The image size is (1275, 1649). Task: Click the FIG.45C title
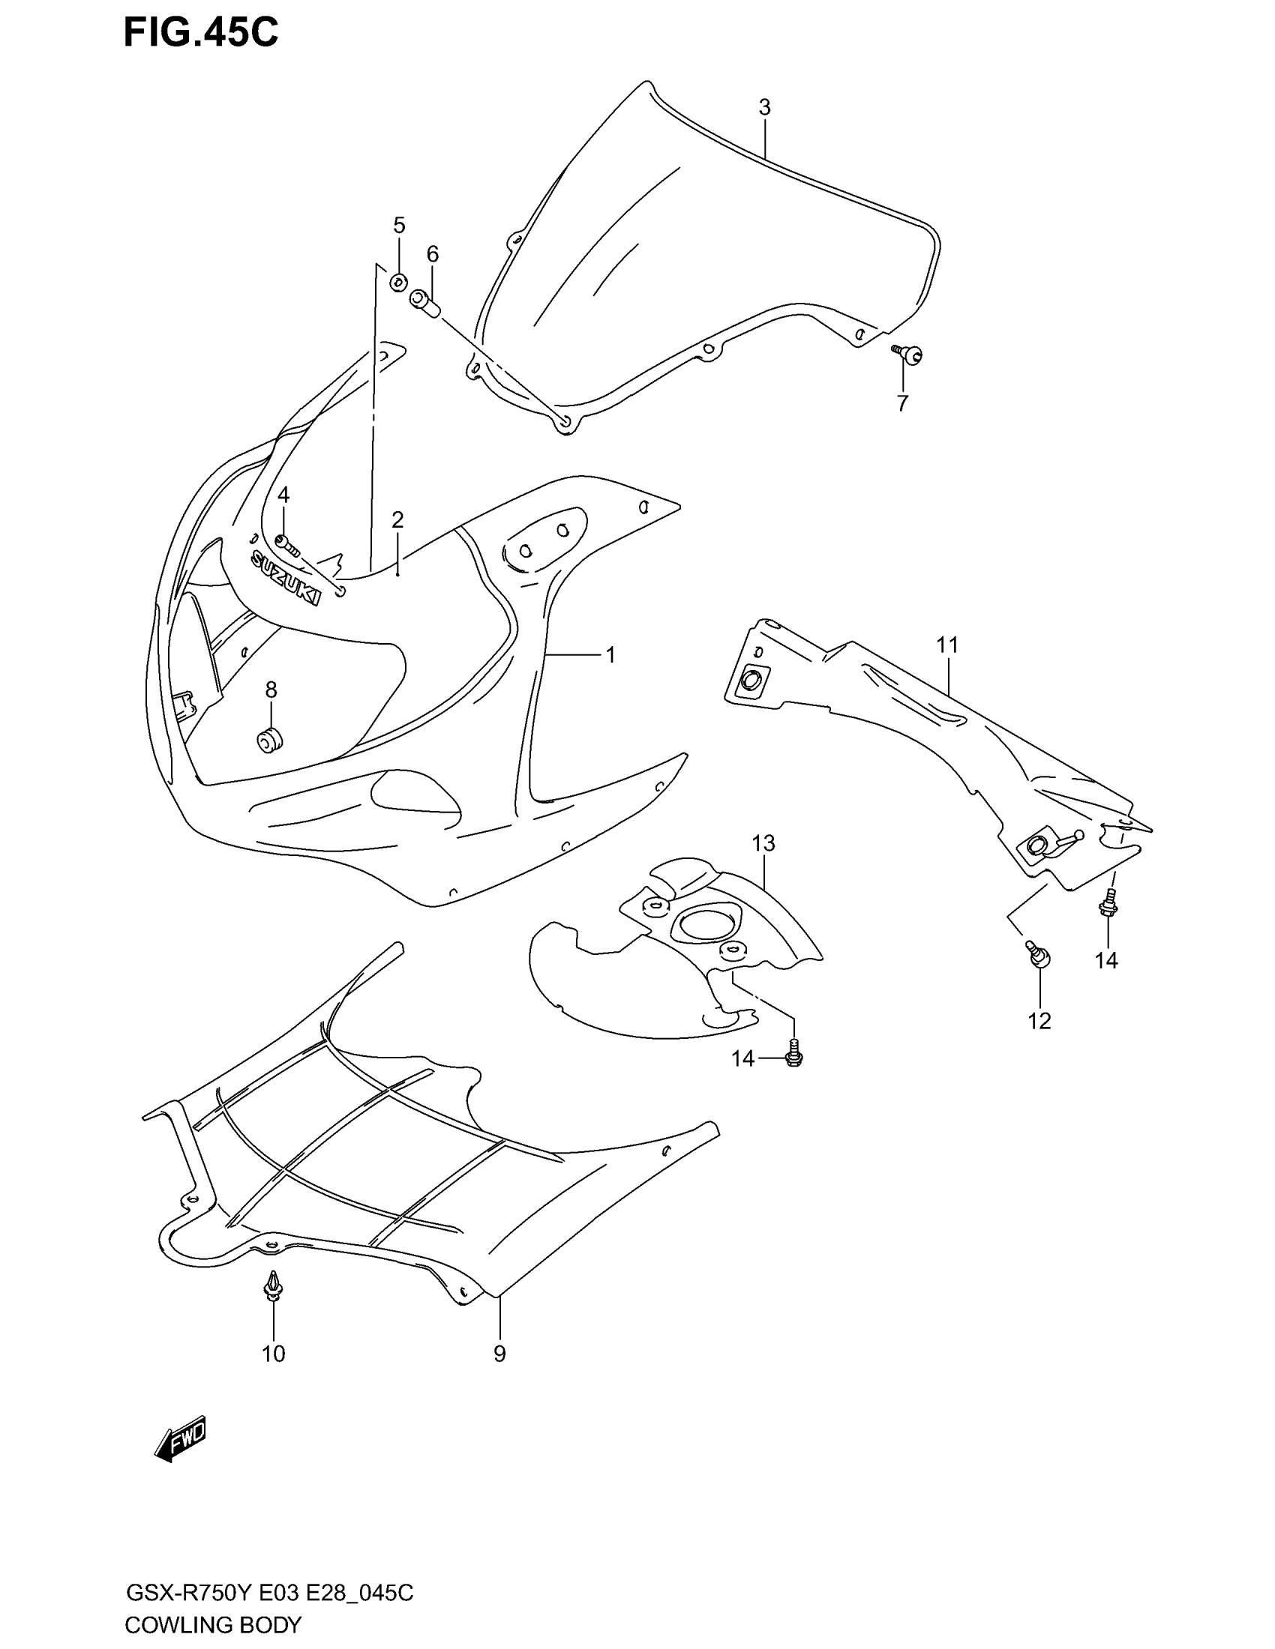click(x=201, y=33)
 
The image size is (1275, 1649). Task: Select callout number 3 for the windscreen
click(x=764, y=108)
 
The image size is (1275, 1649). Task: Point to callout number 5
click(x=399, y=225)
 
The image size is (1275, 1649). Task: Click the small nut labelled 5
click(x=397, y=283)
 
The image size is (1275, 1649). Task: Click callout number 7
click(x=902, y=404)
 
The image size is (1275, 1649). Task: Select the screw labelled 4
click(x=287, y=541)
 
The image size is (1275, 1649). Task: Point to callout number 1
click(x=610, y=654)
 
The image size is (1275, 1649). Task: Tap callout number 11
click(x=947, y=645)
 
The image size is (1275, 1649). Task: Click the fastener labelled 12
click(x=1037, y=954)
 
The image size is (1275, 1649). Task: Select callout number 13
click(x=763, y=843)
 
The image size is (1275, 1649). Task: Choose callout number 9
click(x=499, y=1354)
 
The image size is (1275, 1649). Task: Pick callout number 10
click(x=274, y=1354)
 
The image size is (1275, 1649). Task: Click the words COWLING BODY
click(x=213, y=1624)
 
